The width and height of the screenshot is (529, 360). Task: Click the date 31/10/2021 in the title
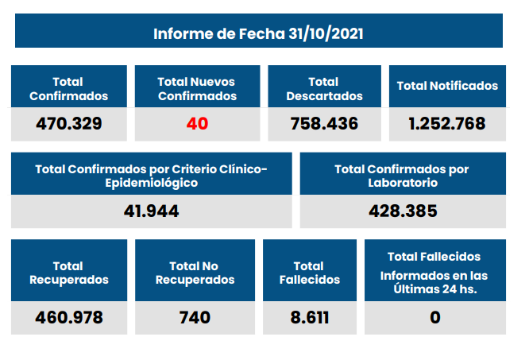326,34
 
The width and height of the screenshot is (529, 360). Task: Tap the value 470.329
69,124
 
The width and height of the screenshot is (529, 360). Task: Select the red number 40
197,124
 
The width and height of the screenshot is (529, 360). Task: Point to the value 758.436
324,124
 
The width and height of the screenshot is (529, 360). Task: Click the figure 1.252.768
447,124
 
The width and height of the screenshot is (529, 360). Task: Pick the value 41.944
152,211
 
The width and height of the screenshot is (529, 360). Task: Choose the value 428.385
403,211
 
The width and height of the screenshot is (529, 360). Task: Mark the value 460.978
69,318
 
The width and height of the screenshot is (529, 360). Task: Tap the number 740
195,318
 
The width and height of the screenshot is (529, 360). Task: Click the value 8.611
308,318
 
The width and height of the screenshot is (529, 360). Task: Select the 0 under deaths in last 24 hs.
434,318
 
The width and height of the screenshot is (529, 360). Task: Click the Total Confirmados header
68,89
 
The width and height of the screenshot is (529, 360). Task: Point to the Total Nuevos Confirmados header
197,89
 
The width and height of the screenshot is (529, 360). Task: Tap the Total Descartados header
324,89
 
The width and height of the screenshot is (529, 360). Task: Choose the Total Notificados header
447,86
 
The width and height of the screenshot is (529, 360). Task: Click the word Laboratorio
402,183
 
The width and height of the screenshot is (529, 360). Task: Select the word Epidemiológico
152,183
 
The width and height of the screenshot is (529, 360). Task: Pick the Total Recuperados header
68,273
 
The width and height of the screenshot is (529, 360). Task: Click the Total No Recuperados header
195,273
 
